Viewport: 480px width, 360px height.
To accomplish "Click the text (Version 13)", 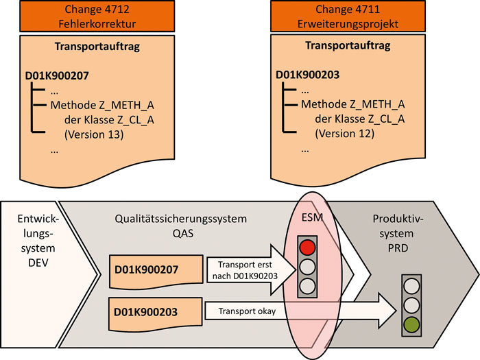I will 93,134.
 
